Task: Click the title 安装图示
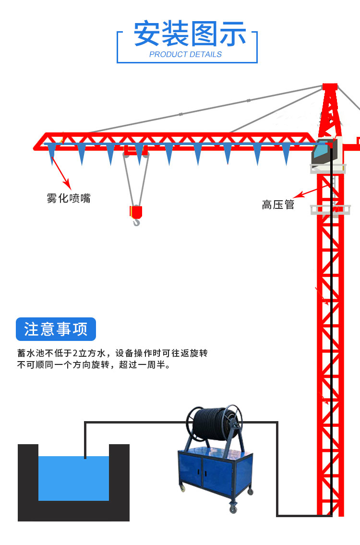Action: coord(190,34)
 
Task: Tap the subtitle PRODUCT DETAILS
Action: coord(185,55)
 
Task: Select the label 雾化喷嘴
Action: coord(69,198)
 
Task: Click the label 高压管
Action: coord(278,205)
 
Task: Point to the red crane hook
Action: coord(136,215)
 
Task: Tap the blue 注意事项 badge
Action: coord(56,329)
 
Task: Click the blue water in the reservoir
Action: coord(73,478)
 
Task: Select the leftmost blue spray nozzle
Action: coord(52,153)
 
